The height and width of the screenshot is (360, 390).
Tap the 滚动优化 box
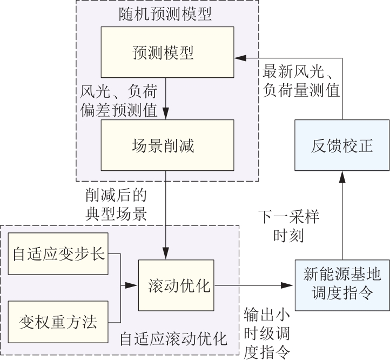pyautogui.click(x=177, y=285)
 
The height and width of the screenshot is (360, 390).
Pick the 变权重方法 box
pyautogui.click(x=59, y=323)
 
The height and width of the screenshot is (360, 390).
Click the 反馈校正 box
pyautogui.click(x=342, y=146)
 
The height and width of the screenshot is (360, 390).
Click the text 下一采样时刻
pyautogui.click(x=289, y=226)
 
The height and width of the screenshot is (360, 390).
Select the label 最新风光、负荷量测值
pyautogui.click(x=301, y=81)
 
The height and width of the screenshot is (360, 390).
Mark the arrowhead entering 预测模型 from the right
pyautogui.click(x=238, y=56)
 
